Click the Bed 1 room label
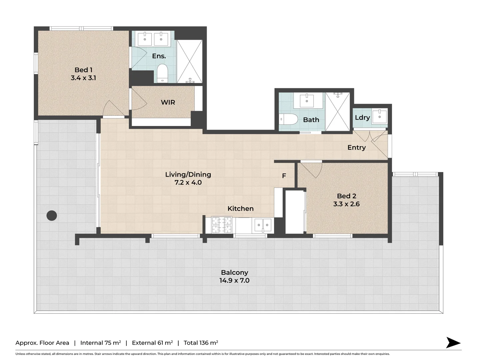[x=83, y=70]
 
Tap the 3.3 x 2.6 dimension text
[x=346, y=204]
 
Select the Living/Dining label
[x=188, y=174]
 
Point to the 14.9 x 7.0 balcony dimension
[x=234, y=280]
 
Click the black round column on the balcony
[x=51, y=216]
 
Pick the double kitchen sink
[x=263, y=225]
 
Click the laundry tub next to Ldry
[x=379, y=116]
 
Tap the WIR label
[x=168, y=102]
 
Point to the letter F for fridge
[x=284, y=176]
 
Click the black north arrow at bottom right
[x=453, y=343]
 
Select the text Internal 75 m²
[x=100, y=343]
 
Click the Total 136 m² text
[x=201, y=343]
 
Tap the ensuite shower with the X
[x=189, y=61]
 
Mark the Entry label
[x=356, y=147]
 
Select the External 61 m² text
[x=152, y=343]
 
